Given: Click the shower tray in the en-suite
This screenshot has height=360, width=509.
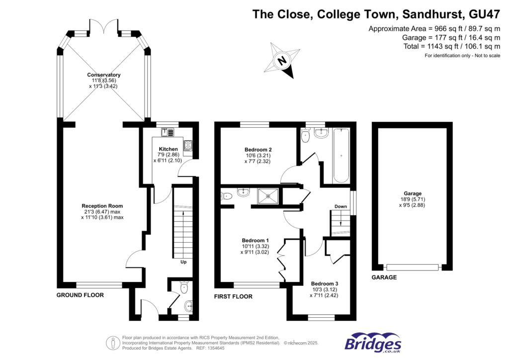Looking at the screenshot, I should click(267, 196).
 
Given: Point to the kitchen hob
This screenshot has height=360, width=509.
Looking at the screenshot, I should click(189, 146).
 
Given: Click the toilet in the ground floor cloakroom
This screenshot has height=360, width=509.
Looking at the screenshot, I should click(184, 287).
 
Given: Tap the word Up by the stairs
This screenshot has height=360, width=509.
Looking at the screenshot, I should click(183, 262).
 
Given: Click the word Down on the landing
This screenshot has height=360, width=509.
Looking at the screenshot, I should click(340, 206).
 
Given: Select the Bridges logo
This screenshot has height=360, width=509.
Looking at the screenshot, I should click(373, 343).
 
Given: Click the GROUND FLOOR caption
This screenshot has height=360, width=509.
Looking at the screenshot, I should click(80, 295).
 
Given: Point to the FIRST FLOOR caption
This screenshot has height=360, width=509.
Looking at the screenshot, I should click(234, 296).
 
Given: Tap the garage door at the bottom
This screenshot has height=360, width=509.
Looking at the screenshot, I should click(413, 268).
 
